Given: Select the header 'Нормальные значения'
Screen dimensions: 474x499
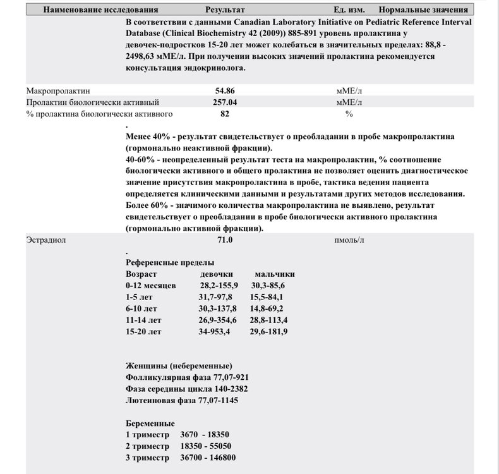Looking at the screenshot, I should (423, 10).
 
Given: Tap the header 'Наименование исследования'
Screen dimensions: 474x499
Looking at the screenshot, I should (97, 10).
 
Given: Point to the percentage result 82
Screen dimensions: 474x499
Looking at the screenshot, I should (225, 114).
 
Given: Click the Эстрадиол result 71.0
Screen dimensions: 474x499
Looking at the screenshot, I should (225, 240).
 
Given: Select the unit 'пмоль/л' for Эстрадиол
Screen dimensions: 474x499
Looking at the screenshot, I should (349, 240).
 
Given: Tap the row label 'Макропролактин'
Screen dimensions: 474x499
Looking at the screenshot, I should (54, 91).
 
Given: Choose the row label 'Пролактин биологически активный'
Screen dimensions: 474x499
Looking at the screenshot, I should (92, 102).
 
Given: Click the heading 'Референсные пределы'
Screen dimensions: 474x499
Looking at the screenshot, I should (170, 262).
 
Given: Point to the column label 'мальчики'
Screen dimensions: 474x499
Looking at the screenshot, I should (275, 274).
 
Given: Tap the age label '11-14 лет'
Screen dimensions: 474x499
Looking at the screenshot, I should (144, 320).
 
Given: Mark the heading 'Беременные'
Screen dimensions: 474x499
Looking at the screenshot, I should (150, 423).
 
